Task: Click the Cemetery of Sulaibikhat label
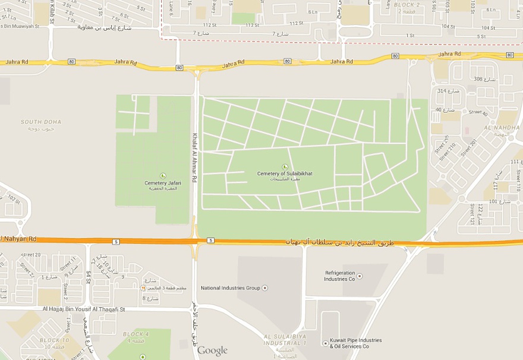(285, 173)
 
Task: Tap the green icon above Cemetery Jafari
(163, 176)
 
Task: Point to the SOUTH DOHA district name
(41, 122)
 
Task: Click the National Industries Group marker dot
(264, 288)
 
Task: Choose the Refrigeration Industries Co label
(339, 276)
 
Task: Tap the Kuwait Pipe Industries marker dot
(324, 343)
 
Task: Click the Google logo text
(212, 350)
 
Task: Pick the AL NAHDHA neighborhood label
(502, 128)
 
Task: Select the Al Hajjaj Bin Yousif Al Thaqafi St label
(84, 309)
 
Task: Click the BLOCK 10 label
(54, 340)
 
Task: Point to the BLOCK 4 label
(136, 334)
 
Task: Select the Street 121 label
(472, 213)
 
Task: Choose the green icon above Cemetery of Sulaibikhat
(285, 166)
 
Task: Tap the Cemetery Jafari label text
(163, 183)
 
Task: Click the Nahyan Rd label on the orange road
(19, 239)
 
